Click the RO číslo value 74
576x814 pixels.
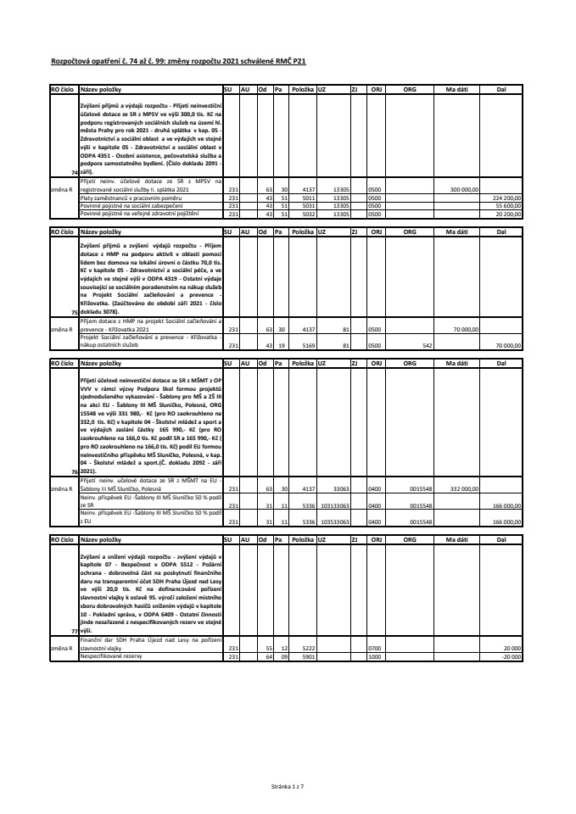pyautogui.click(x=74, y=172)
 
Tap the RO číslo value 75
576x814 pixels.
pyautogui.click(x=74, y=313)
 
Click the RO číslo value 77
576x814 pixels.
pyautogui.click(x=74, y=631)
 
